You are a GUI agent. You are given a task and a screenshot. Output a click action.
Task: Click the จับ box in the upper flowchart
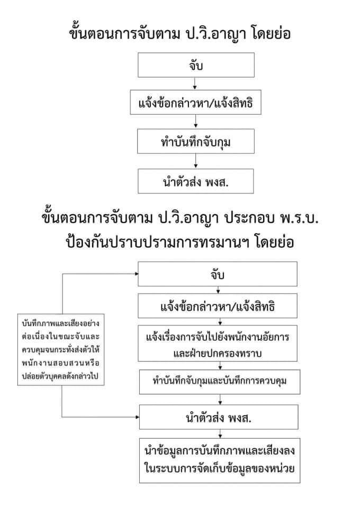point(196,65)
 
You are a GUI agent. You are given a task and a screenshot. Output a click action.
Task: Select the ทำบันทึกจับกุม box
point(196,141)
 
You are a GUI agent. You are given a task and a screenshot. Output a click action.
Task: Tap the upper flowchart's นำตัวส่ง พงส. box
point(196,181)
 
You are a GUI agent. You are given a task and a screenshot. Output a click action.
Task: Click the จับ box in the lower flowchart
point(218,274)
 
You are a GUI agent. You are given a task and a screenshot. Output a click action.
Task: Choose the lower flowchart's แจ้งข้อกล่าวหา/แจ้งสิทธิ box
point(218,306)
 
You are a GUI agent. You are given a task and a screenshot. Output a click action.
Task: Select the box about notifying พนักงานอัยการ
point(218,343)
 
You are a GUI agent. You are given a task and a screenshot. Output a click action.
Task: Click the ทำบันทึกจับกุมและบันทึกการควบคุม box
point(220,382)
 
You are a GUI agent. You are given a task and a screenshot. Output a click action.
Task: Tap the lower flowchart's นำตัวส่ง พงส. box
point(219,417)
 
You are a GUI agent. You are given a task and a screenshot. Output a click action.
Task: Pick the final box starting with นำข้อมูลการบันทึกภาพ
point(220,460)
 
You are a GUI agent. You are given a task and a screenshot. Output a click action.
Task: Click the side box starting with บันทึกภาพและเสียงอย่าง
point(61,350)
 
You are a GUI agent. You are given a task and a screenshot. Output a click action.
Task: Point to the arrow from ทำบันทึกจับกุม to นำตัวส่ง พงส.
point(196,161)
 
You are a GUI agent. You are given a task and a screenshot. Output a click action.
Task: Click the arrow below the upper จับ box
point(195,84)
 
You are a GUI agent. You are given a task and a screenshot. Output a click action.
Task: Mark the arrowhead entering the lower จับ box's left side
point(137,274)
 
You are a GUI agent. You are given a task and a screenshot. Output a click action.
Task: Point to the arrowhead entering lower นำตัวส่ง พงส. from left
point(138,417)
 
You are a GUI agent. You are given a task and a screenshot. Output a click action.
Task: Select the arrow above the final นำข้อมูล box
point(220,434)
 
